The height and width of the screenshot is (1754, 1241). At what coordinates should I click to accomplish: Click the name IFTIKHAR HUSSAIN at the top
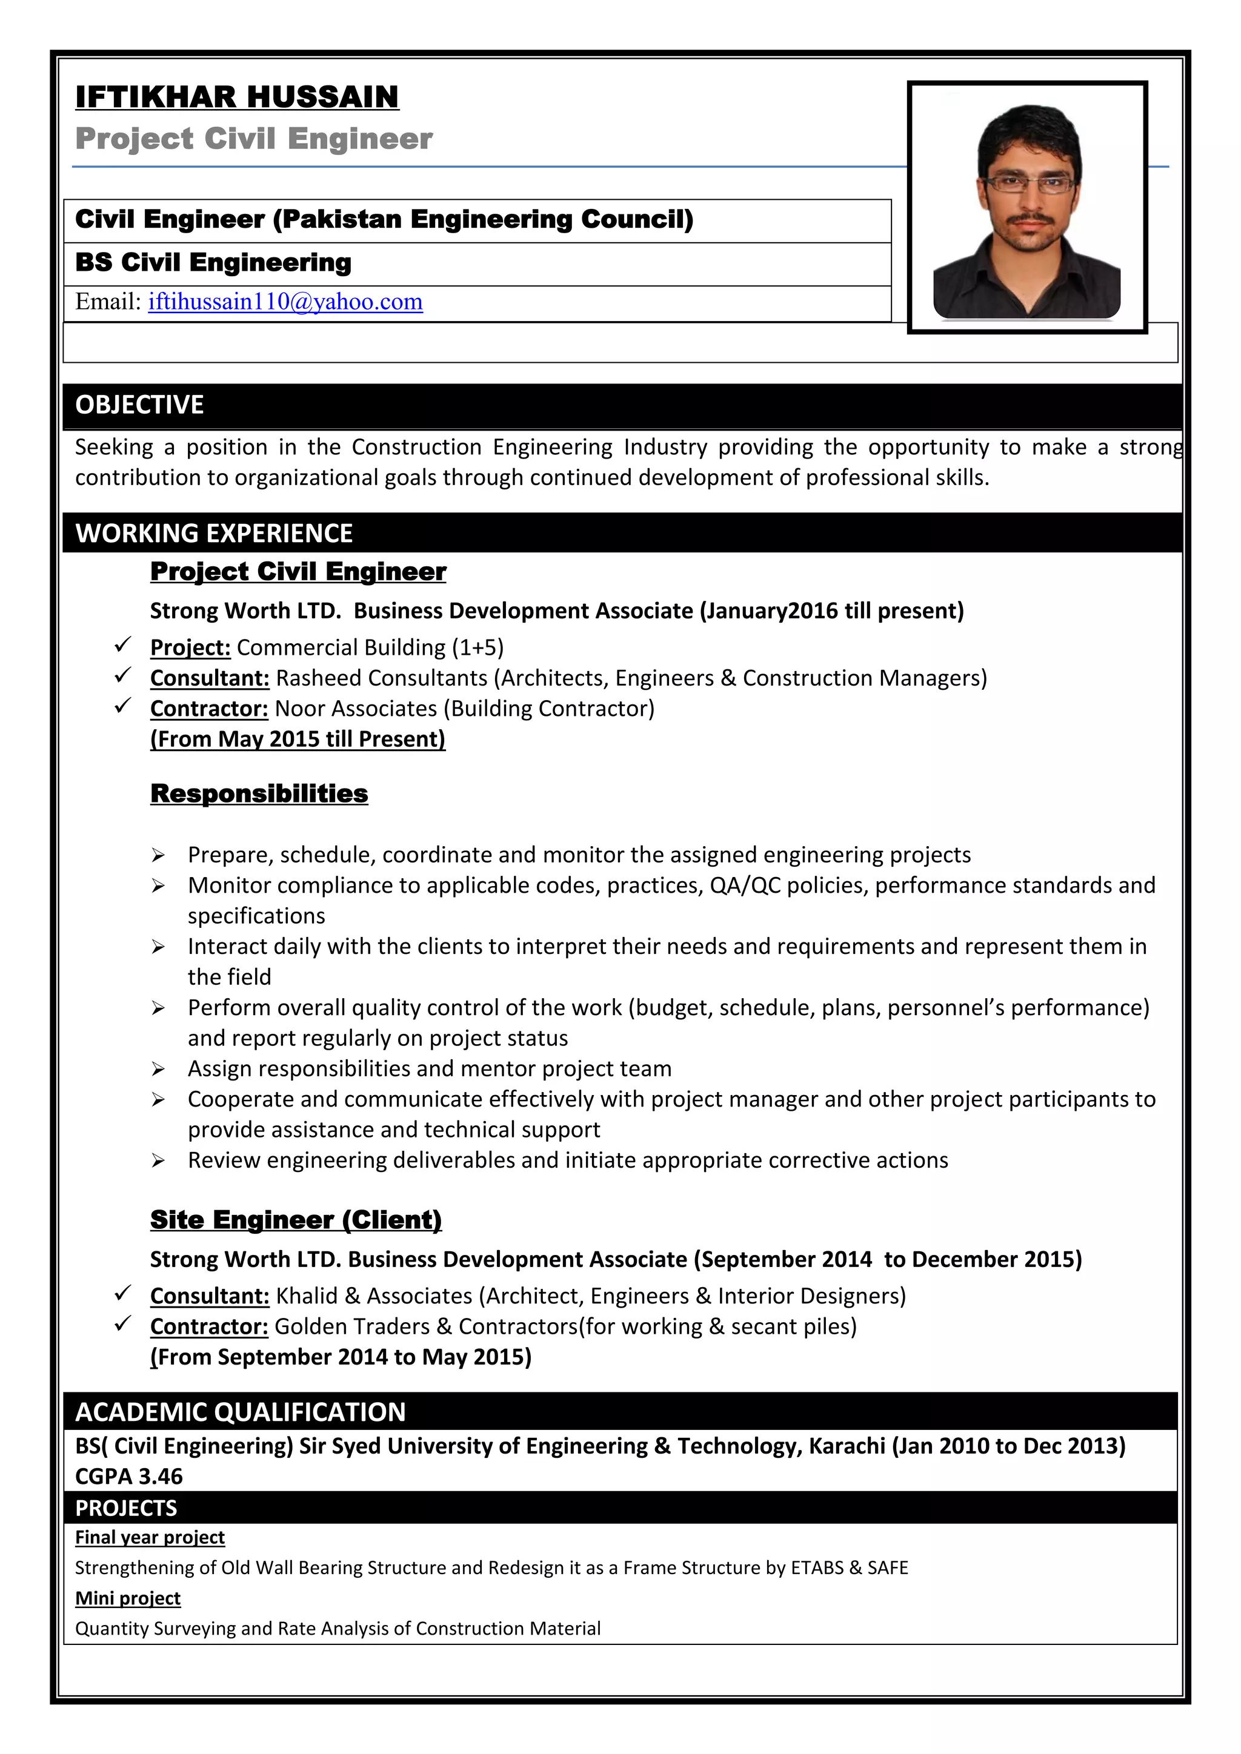237,97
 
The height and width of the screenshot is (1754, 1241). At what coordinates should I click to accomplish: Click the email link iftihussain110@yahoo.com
285,302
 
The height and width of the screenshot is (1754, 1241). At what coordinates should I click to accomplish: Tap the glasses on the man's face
1030,184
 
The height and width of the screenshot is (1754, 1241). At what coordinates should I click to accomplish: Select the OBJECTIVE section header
140,405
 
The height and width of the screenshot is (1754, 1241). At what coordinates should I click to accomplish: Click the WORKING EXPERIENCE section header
214,533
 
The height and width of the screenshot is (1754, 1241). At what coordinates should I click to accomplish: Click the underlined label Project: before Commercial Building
190,648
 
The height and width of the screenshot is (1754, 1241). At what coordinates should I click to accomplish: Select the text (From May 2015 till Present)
298,740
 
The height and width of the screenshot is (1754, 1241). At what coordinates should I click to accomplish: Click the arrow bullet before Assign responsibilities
158,1069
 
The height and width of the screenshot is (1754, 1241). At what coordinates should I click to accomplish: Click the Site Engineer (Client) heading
296,1219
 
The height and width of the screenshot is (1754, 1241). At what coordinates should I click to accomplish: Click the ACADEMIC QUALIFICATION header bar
241,1412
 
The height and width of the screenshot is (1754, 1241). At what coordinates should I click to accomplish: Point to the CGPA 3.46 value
129,1476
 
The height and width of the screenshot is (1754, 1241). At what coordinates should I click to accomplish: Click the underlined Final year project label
150,1537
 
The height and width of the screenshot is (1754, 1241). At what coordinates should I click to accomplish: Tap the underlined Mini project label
128,1598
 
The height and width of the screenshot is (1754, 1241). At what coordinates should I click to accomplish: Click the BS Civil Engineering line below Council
213,263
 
